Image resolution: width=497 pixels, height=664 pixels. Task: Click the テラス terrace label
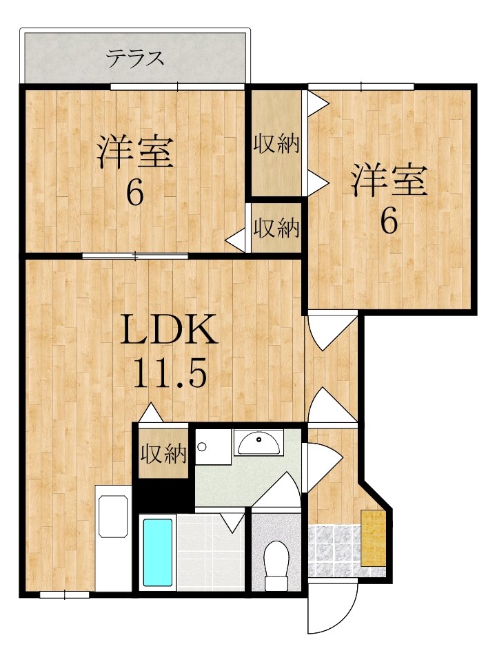pos(134,59)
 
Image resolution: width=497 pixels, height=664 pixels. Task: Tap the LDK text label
pos(169,331)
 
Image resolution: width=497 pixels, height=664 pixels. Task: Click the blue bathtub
pos(158,552)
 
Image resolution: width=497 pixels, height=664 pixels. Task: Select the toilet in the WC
pos(276,566)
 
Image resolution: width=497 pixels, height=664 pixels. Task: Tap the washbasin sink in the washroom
pos(258,442)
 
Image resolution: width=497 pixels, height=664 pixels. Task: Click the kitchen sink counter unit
pos(113,538)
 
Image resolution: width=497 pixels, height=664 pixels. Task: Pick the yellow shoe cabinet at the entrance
pos(374,538)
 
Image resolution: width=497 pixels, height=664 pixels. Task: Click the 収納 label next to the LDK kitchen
pos(163,455)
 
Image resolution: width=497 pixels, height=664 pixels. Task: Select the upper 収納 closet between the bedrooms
pos(276,143)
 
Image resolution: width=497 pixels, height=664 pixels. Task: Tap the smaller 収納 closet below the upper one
pos(276,228)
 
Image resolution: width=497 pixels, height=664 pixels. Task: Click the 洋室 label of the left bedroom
pos(136,151)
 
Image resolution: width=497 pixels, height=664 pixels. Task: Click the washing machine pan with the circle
pos(213,447)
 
